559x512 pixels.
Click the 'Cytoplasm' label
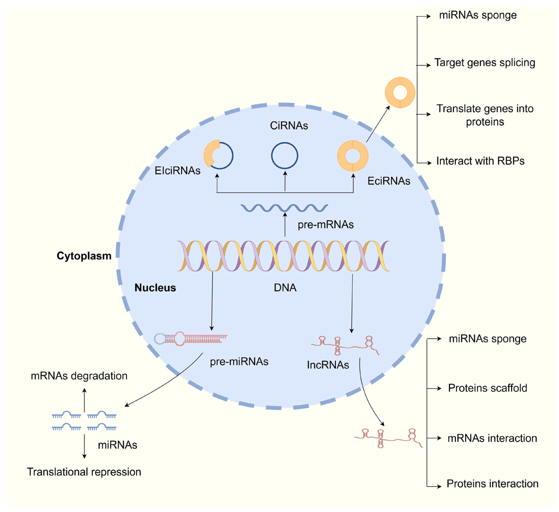point(84,256)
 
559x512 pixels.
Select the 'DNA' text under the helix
point(285,288)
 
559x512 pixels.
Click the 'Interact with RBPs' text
point(480,161)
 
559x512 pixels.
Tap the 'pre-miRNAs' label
point(239,362)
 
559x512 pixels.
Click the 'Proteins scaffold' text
point(487,388)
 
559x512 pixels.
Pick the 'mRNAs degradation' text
point(79,376)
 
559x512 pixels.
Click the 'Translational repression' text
point(84,472)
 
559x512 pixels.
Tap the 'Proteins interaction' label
point(492,484)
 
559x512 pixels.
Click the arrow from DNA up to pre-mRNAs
point(285,225)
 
